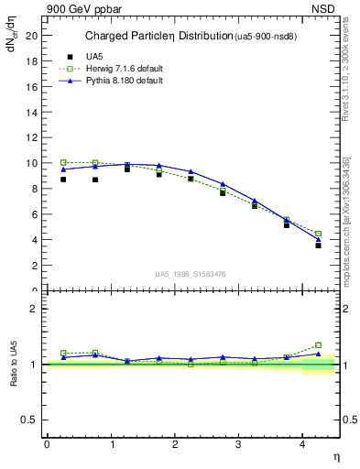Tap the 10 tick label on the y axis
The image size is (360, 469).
point(31,163)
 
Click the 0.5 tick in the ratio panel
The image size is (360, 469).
point(29,420)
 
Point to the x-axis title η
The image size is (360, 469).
point(335,455)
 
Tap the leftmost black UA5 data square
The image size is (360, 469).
point(63,180)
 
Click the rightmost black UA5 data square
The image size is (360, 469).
point(318,245)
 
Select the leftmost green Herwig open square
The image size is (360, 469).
point(63,162)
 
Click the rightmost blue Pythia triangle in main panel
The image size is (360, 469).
point(318,239)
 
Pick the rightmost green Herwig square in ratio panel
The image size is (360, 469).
point(318,344)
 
